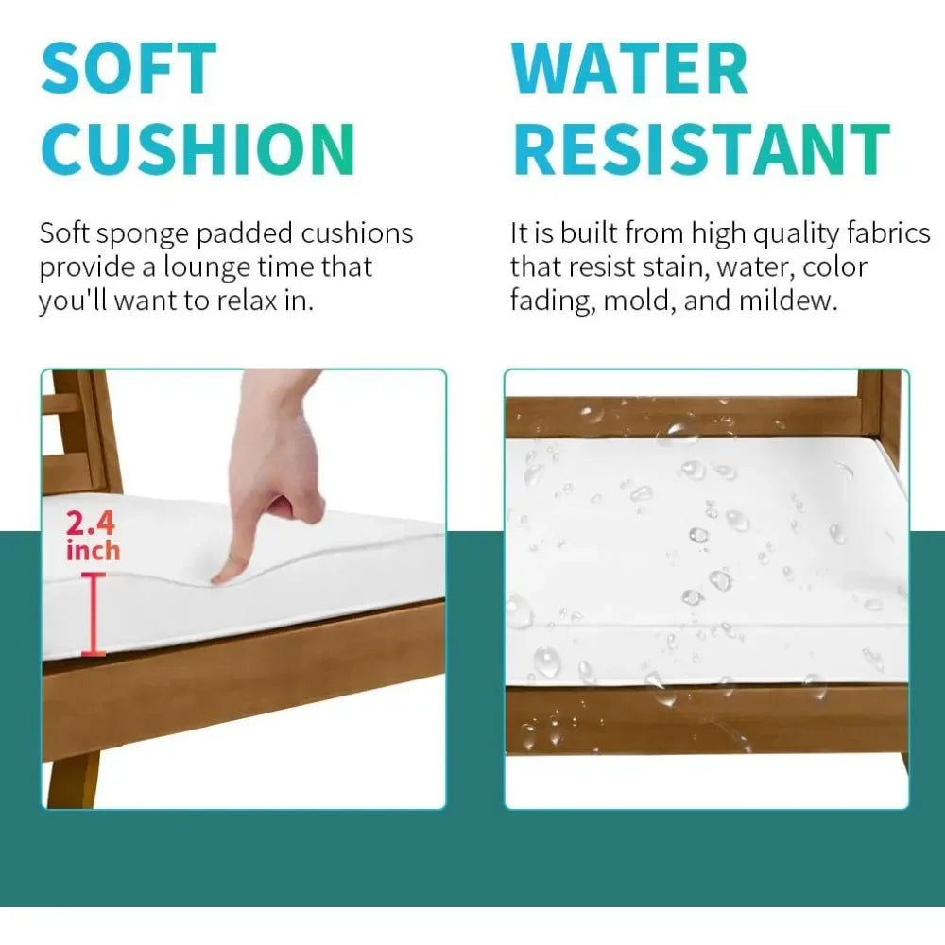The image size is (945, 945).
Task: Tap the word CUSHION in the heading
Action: pos(198,148)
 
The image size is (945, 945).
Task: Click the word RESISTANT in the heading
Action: pos(702,148)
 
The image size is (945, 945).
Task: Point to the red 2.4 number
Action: pos(91,523)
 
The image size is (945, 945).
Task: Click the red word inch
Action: pos(93,551)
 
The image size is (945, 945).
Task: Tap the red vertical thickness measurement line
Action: pos(94,614)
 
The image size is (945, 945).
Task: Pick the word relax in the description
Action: pos(248,301)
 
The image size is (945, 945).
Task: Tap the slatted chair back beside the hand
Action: pos(79,432)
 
